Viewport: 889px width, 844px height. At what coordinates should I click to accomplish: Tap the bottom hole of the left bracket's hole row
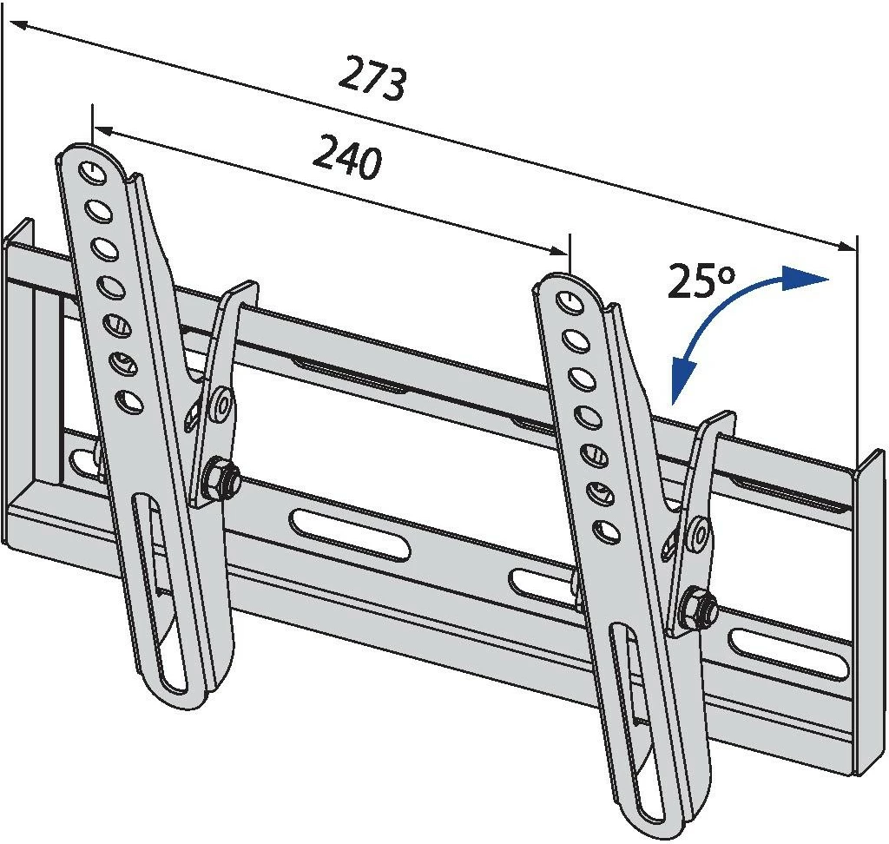(x=128, y=401)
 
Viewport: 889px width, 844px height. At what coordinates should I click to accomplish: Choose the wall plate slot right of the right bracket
(x=788, y=654)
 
